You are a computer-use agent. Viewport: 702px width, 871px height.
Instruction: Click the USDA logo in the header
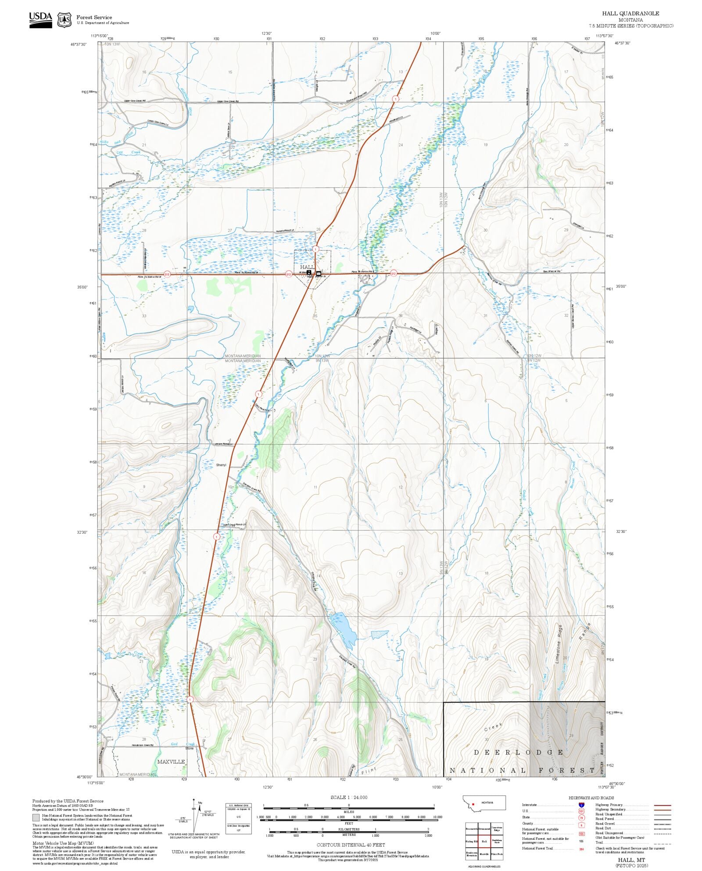click(40, 20)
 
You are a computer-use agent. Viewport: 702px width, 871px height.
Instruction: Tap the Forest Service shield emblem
click(64, 20)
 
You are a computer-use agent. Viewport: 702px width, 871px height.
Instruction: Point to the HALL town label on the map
click(307, 267)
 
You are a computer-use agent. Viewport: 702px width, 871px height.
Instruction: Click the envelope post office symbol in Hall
click(319, 273)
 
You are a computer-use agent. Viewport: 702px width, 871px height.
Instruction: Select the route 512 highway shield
click(394, 273)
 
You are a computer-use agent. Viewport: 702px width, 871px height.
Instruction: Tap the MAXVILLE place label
click(171, 761)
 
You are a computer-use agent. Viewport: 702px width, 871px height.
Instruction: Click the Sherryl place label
click(221, 465)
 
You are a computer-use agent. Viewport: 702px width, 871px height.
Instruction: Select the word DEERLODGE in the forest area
click(518, 752)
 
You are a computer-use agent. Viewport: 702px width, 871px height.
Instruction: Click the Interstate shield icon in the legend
click(581, 805)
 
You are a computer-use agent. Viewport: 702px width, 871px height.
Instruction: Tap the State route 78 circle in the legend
click(581, 817)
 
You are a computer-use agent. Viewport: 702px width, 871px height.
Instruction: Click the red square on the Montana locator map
click(473, 805)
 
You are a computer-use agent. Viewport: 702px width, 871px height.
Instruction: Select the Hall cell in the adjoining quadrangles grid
click(484, 841)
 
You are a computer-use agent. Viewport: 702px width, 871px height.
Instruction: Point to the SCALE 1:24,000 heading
click(349, 797)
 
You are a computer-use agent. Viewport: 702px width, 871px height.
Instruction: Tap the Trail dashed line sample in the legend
click(662, 842)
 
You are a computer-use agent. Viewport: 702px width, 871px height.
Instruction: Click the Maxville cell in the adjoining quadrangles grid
click(484, 854)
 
